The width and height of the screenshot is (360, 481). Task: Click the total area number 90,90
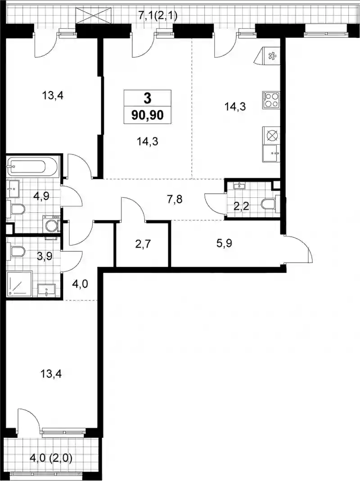[148, 115]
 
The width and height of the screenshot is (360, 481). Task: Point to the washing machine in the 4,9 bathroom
[51, 224]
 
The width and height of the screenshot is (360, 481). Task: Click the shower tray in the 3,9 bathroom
[19, 283]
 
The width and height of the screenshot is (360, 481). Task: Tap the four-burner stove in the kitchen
[271, 100]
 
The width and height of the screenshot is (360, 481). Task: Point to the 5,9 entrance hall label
[224, 243]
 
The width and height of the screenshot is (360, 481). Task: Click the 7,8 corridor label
[175, 199]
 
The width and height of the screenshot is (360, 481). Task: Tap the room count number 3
[148, 98]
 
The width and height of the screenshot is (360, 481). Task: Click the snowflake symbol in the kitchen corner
[271, 56]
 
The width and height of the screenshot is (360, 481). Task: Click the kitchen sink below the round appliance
[271, 154]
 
